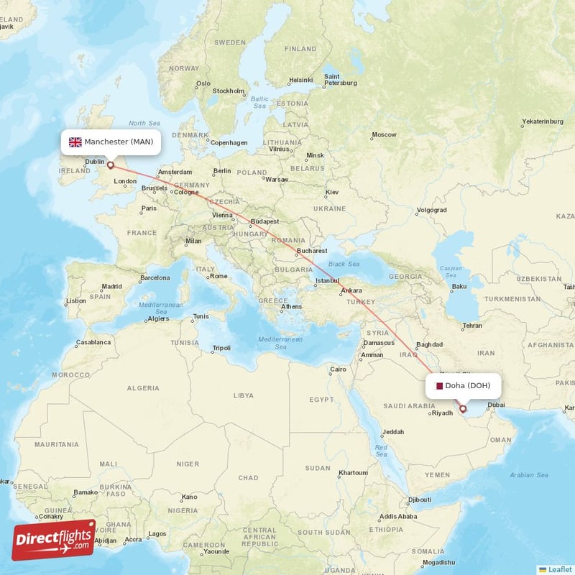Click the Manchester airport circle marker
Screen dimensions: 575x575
pyautogui.click(x=111, y=165)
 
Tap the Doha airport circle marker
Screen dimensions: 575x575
pyautogui.click(x=463, y=409)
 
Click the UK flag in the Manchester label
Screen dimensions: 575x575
pyautogui.click(x=75, y=142)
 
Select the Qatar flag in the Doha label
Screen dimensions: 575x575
pyautogui.click(x=439, y=386)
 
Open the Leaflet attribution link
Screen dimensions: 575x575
pyautogui.click(x=560, y=569)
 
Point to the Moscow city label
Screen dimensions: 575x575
pyautogui.click(x=384, y=135)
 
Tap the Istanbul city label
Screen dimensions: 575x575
pyautogui.click(x=328, y=280)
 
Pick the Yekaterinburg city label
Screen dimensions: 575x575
pyautogui.click(x=543, y=121)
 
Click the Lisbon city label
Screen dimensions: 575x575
pyautogui.click(x=75, y=300)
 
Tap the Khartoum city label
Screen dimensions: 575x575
pyautogui.click(x=354, y=473)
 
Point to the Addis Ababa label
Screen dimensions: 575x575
pyautogui.click(x=397, y=516)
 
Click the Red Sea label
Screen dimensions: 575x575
pyautogui.click(x=381, y=451)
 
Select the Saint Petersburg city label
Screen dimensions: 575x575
pyautogui.click(x=340, y=80)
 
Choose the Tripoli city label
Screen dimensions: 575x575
pyautogui.click(x=221, y=349)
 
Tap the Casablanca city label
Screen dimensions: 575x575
pyautogui.click(x=93, y=343)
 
